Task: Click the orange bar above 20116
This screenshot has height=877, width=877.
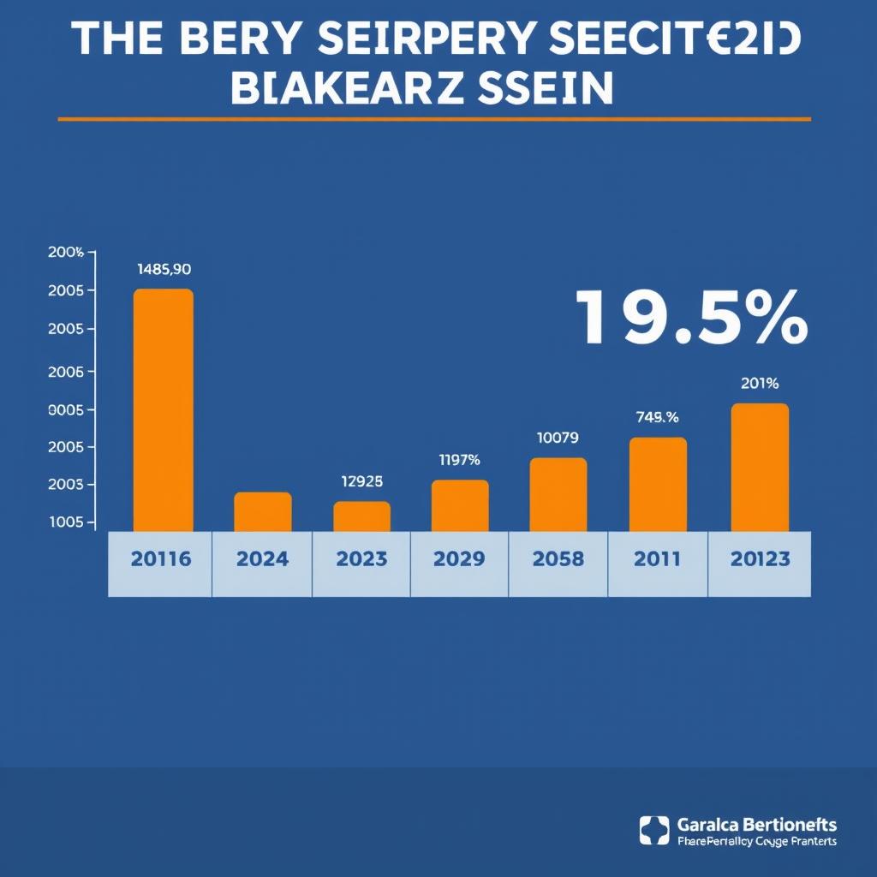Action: coord(163,411)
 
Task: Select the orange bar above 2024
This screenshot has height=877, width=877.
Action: coord(263,512)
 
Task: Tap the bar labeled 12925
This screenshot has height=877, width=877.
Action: coord(361,516)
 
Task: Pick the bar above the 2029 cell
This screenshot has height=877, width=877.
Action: coord(460,505)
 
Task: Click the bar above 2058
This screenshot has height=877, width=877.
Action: coord(558,495)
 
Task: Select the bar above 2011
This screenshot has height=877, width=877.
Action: coord(658,485)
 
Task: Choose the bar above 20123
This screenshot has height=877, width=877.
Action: coord(759,468)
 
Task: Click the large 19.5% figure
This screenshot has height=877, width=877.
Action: coord(690,318)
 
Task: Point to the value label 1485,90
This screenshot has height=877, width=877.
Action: coord(164,269)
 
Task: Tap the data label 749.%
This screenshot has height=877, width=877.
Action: coord(658,418)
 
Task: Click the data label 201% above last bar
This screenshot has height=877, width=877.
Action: coord(759,384)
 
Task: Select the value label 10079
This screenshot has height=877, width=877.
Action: coord(558,438)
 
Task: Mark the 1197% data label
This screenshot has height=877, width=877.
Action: coord(459,460)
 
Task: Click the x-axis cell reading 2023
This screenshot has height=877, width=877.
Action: coord(361,560)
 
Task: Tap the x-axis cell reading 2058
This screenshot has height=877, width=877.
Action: coord(558,560)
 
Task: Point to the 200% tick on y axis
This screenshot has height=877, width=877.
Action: coord(66,253)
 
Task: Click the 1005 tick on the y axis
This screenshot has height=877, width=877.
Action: coord(66,522)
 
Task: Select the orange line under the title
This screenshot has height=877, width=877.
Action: coord(434,119)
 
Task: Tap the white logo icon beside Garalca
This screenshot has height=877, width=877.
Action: coord(654,831)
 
